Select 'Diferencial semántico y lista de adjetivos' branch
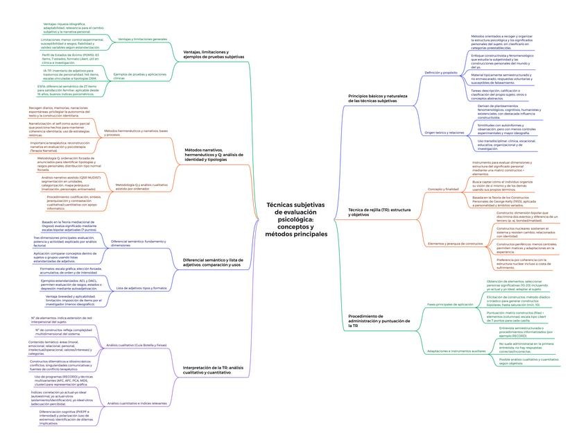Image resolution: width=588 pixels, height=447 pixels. (x=212, y=262)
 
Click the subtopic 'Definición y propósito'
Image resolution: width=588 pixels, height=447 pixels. (x=441, y=72)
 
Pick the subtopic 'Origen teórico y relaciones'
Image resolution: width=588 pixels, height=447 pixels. (x=444, y=132)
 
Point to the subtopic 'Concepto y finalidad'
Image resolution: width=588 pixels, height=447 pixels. (x=443, y=189)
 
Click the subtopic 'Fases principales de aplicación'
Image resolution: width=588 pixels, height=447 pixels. (x=450, y=304)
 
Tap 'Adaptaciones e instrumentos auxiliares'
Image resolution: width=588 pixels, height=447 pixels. (x=456, y=351)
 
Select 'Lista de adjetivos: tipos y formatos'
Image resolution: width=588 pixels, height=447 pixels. (x=141, y=287)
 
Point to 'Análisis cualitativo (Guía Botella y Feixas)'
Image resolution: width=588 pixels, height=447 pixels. (x=137, y=345)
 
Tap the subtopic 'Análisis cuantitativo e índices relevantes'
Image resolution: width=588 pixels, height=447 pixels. (x=137, y=403)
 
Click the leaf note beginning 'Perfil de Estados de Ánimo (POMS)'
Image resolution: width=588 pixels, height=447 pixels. (x=70, y=58)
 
